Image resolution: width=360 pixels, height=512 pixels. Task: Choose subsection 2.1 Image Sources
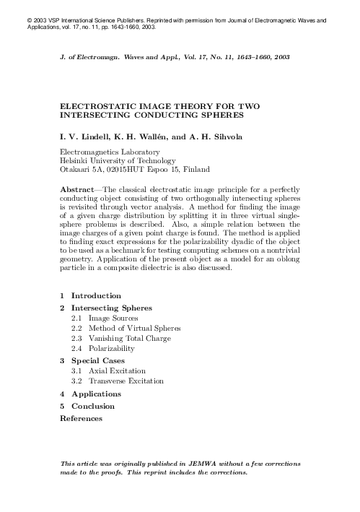click(x=113, y=318)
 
